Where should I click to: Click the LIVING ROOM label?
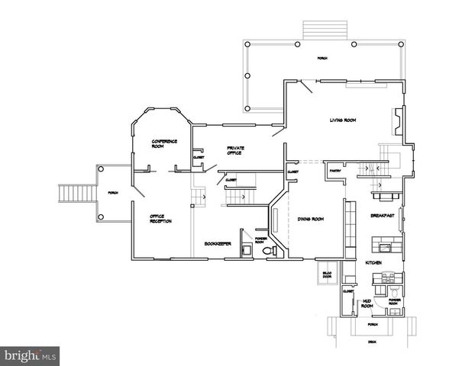point(342,120)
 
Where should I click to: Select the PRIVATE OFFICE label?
point(234,150)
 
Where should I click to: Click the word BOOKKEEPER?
point(218,244)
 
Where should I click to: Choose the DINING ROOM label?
point(310,219)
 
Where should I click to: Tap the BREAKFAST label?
point(382,216)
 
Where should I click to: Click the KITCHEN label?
point(373,262)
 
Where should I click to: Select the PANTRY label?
point(334,171)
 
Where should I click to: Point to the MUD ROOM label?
point(367,303)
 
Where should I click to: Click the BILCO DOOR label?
point(327,274)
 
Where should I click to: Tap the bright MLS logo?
point(30,355)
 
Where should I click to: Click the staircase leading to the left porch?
point(75,194)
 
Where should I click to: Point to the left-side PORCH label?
point(113,192)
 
